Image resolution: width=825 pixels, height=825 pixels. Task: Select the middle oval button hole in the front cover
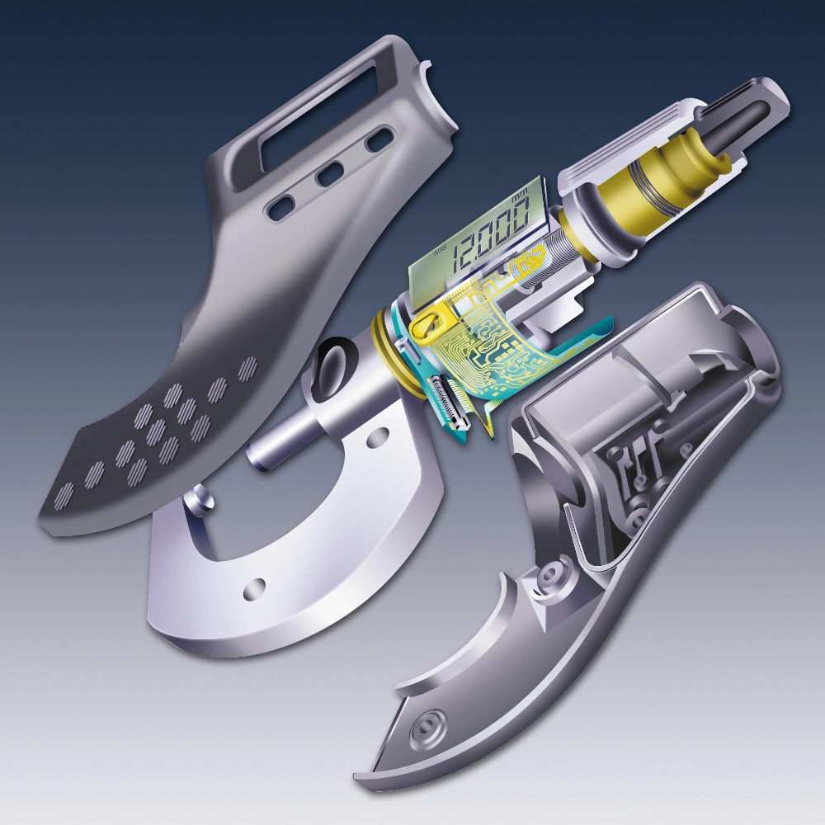coord(330,174)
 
